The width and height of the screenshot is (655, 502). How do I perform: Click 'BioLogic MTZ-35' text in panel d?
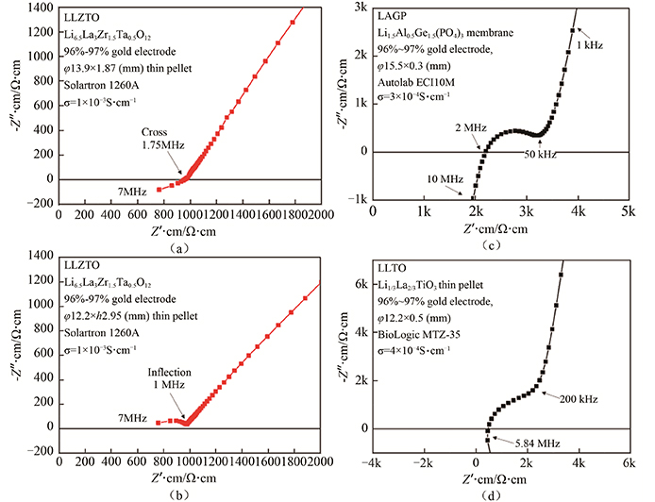pyautogui.click(x=422, y=334)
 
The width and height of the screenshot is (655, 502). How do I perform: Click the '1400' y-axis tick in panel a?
pyautogui.click(x=41, y=8)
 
